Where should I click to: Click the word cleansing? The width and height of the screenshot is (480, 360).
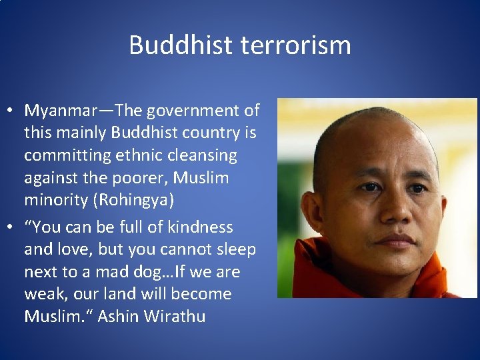click(203, 155)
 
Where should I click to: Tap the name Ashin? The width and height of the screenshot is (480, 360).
click(116, 316)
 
